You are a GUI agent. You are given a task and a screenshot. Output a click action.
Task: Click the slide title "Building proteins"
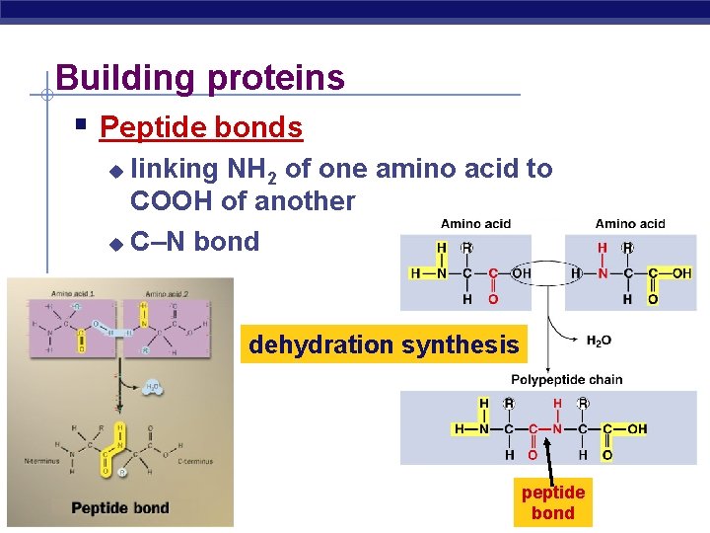(200, 77)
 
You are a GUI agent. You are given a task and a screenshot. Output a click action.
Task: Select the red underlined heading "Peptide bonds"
(201, 127)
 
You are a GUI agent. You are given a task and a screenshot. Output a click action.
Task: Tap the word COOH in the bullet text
(174, 201)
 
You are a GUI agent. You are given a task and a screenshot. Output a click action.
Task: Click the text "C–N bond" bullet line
(194, 242)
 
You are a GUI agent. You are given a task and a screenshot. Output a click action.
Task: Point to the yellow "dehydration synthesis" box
(384, 344)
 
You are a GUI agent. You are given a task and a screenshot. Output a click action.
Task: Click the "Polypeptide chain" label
(566, 380)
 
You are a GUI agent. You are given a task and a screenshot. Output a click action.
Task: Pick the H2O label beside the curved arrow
(598, 341)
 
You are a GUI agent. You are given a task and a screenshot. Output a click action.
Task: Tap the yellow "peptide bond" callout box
(552, 502)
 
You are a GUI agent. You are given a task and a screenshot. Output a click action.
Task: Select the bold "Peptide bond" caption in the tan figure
(119, 507)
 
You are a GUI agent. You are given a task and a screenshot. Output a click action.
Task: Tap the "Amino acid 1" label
(73, 294)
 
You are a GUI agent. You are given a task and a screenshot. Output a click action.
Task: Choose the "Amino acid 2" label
(167, 294)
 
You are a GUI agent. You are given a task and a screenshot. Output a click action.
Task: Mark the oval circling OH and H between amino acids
(547, 273)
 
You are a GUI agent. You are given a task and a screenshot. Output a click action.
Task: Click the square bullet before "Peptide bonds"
(83, 125)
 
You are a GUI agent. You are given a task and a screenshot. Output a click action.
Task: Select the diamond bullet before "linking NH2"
(116, 171)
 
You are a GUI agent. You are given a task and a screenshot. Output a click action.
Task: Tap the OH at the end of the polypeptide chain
(637, 429)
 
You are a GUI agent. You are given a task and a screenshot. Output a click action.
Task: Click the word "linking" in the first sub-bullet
(175, 169)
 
